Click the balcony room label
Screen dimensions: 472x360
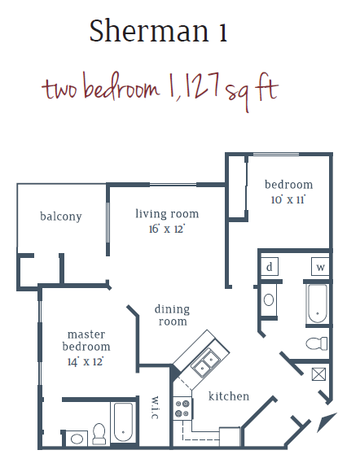point(61,216)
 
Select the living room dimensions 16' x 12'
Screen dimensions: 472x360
point(167,229)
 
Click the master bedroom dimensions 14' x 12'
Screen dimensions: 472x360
point(86,361)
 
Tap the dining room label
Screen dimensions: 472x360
point(172,316)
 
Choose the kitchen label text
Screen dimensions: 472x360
point(229,396)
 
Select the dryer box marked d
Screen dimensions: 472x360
point(270,267)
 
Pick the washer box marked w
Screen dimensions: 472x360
point(320,267)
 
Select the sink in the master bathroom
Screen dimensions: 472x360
point(77,439)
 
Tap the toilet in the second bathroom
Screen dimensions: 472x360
point(317,343)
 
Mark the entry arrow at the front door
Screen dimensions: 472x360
point(327,422)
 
